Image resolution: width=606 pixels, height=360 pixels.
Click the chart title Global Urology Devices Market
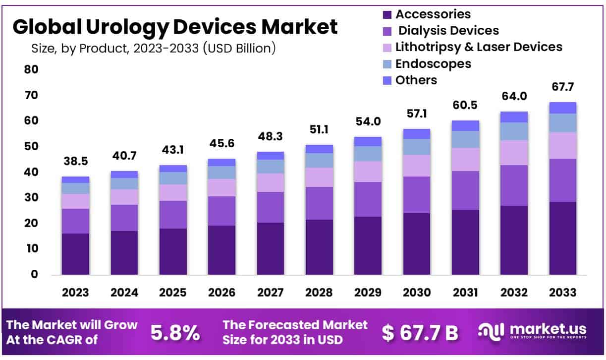[175, 27]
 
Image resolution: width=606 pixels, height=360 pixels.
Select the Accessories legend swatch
[387, 15]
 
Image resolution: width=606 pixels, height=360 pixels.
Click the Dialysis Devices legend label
[449, 31]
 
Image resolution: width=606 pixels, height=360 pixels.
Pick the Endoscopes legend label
[433, 63]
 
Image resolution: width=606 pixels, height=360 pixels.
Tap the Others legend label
[416, 80]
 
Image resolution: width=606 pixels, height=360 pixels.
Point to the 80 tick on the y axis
[31, 69]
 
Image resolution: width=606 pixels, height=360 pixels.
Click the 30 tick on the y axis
[31, 197]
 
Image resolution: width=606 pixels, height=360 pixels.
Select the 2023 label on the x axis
[75, 293]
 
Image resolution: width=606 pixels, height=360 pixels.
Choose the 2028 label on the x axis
[319, 293]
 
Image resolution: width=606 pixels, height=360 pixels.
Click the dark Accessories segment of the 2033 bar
[562, 238]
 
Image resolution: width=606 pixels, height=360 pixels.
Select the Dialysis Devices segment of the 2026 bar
[221, 211]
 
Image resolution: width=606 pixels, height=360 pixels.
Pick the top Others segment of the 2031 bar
[465, 125]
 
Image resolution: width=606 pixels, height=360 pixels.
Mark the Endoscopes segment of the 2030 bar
[416, 147]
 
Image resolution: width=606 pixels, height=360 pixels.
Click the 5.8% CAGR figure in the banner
[175, 333]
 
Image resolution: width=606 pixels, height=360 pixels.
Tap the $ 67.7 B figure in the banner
[420, 333]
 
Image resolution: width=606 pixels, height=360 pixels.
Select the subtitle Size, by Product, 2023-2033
[153, 48]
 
